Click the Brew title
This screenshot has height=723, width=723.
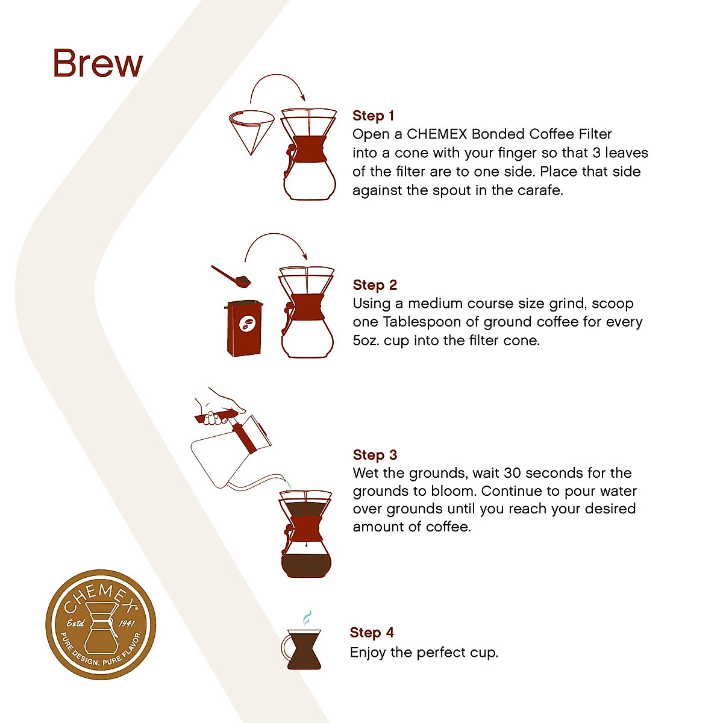[x=98, y=63]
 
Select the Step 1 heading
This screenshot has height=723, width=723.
[x=373, y=116]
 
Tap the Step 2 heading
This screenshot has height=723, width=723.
[x=375, y=285]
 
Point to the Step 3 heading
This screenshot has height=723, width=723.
[x=375, y=455]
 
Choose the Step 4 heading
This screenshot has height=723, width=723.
[x=372, y=633]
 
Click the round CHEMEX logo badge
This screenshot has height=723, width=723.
[x=101, y=625]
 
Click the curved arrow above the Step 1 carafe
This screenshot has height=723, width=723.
[x=277, y=84]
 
